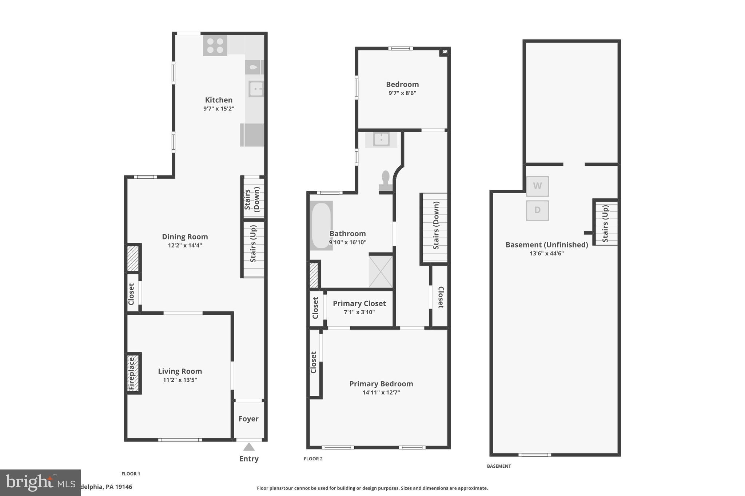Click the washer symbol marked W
tap(537, 186)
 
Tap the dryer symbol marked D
tap(537, 210)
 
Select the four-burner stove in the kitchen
tap(215, 46)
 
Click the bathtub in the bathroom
tap(321, 226)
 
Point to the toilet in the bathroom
tap(386, 181)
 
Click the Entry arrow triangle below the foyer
tap(249, 447)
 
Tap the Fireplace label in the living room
tap(132, 373)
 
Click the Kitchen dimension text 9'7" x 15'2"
tap(219, 109)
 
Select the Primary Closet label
tap(359, 303)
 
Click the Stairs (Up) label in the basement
tap(605, 223)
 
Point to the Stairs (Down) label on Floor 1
tap(252, 199)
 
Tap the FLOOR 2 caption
tap(313, 459)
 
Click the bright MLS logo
tap(40, 483)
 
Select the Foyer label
tap(248, 419)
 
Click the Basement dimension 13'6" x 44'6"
tap(546, 254)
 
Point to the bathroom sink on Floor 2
tap(381, 139)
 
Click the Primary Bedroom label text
tap(381, 384)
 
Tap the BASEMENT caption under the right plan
tap(499, 466)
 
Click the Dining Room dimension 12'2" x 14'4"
tap(185, 245)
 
